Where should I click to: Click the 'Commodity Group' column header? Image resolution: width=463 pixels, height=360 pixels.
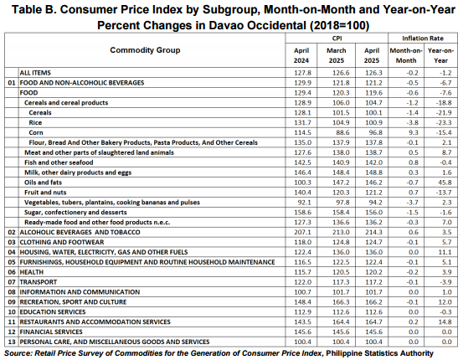(145, 50)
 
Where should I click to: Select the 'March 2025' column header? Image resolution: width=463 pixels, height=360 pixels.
(337, 55)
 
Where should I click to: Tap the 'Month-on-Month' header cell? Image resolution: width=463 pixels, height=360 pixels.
(406, 55)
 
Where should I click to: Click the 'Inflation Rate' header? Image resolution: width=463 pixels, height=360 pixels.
(423, 39)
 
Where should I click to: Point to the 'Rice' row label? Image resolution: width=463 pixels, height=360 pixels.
(35, 122)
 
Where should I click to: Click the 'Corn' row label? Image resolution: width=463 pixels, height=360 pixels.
(36, 132)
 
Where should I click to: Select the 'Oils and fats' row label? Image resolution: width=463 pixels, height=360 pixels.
(43, 183)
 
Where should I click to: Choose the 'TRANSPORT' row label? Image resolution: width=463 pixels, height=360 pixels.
(38, 282)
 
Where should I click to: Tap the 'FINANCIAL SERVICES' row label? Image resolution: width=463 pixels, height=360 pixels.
(51, 332)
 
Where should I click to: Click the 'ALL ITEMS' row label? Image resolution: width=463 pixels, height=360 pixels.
(35, 73)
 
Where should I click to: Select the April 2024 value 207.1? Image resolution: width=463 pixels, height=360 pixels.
(302, 232)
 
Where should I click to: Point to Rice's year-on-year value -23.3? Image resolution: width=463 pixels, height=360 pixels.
(444, 122)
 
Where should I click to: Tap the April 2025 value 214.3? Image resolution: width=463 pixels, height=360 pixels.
(373, 232)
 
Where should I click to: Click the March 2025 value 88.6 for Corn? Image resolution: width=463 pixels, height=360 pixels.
(342, 132)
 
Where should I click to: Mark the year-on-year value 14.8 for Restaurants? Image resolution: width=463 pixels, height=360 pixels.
(445, 321)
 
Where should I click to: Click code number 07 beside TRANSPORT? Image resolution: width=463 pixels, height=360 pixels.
(12, 282)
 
